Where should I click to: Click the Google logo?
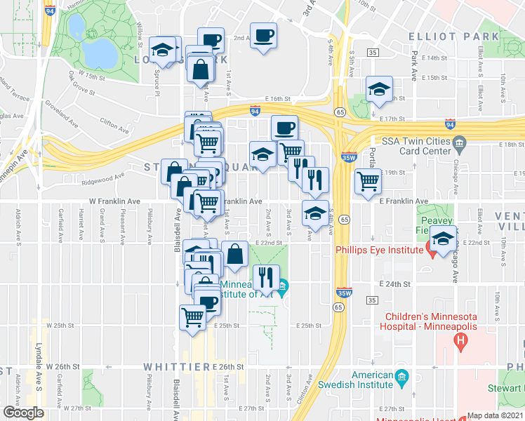[22, 412]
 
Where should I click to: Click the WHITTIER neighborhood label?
[175, 367]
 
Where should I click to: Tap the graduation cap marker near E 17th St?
[378, 91]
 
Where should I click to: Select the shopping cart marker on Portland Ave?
[368, 181]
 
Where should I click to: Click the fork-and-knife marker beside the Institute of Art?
[265, 277]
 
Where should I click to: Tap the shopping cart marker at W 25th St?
[192, 316]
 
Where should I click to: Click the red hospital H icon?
[460, 342]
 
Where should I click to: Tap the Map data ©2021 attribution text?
[495, 415]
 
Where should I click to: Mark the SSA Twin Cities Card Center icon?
[459, 145]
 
